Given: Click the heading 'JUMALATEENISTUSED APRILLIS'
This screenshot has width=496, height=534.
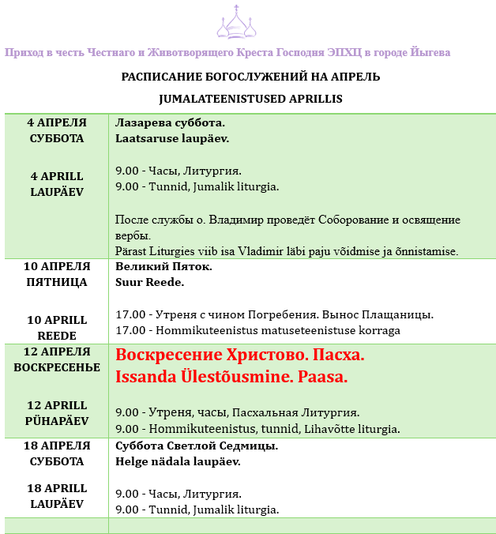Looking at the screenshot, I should coord(250,99).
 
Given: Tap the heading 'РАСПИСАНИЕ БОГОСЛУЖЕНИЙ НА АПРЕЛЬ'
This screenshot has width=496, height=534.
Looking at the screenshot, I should coord(250,77).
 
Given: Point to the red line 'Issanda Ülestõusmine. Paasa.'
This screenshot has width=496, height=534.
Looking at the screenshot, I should coord(231,377).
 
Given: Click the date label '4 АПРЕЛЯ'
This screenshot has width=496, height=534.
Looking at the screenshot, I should coord(57,122).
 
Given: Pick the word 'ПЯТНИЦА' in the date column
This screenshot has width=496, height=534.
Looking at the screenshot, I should coord(57,281).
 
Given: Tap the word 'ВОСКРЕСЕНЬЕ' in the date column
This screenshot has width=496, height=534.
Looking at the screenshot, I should coord(57,367).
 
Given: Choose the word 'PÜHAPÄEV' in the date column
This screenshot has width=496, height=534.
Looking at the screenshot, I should coord(57,421).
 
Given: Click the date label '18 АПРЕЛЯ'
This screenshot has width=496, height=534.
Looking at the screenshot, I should coord(57,446).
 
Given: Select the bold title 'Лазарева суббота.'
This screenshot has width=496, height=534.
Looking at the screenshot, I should coord(171,123).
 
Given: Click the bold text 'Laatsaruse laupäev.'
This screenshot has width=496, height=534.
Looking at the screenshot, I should coord(172,138).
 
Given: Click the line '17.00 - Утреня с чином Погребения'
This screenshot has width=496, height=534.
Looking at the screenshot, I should coord(274,314).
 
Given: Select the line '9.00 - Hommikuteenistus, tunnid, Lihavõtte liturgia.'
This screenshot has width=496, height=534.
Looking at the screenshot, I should coord(257,429).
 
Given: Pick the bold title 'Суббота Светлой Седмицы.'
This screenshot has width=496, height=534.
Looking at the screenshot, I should coord(197,446).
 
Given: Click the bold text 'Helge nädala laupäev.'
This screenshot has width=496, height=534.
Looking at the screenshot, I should coord(178,461).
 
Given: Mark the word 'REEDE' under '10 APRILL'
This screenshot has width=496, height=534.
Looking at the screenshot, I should coord(57,336).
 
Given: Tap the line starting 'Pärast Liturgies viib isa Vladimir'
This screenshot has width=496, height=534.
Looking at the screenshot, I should coord(287,250).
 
